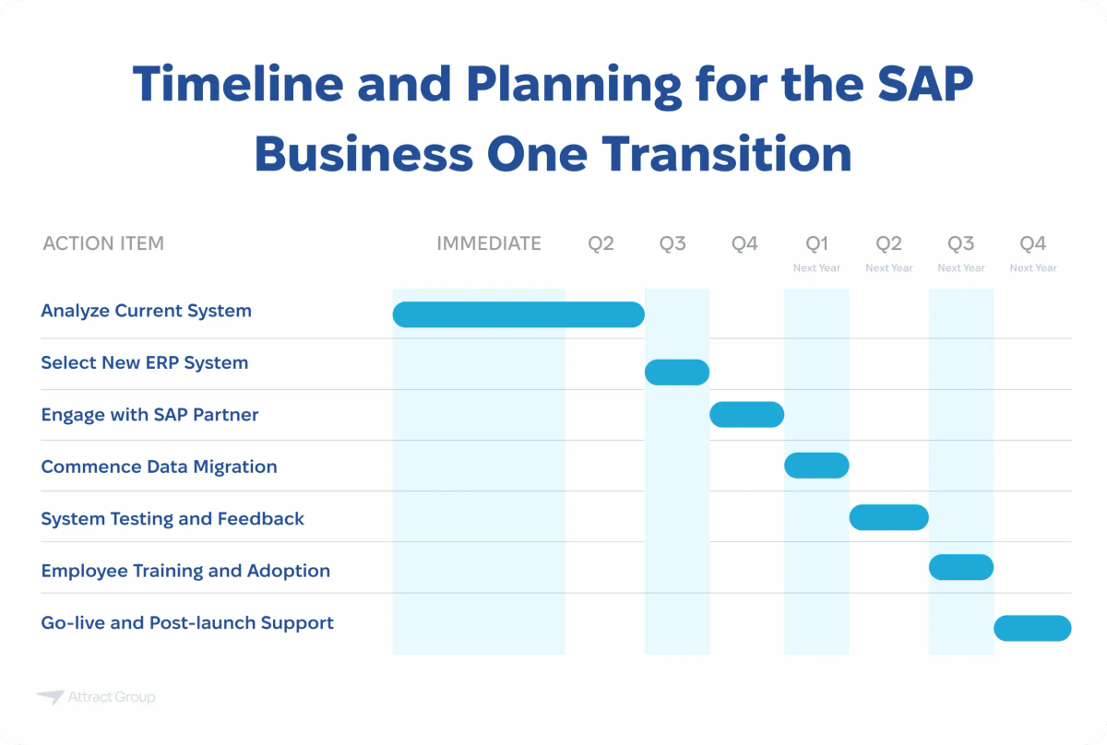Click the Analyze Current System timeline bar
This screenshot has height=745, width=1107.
[518, 314]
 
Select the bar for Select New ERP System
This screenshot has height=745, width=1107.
[676, 372]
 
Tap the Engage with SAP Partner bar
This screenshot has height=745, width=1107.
[746, 415]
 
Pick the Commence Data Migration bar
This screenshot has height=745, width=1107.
[816, 466]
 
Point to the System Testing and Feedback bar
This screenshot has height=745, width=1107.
[888, 517]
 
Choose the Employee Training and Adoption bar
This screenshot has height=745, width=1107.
[960, 567]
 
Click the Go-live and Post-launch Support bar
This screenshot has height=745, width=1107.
[1032, 628]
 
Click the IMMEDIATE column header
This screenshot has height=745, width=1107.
[489, 243]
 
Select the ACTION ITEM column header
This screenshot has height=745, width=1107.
[103, 243]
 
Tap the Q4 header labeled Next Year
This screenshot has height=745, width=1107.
[1032, 251]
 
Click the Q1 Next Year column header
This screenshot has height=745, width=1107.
[816, 251]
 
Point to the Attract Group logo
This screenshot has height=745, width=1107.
[96, 697]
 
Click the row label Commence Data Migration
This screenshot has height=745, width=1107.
[159, 467]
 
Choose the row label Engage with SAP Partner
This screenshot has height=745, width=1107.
[149, 415]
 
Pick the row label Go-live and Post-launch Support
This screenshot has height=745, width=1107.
[187, 622]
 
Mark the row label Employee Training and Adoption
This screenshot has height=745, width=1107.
[185, 571]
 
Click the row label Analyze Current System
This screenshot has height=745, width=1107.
[146, 311]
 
